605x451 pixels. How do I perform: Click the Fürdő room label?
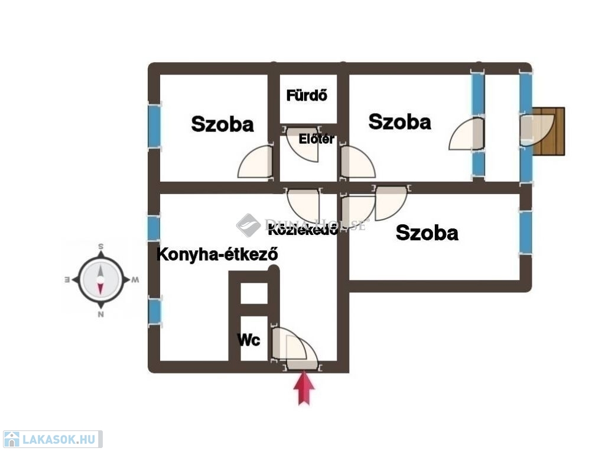click(x=307, y=95)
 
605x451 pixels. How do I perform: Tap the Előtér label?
click(x=317, y=140)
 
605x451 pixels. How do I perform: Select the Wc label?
click(x=248, y=340)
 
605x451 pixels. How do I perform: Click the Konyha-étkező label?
click(x=217, y=255)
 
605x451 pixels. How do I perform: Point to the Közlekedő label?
click(x=303, y=230)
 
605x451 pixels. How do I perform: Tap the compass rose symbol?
click(x=100, y=280)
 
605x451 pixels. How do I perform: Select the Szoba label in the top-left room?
click(x=222, y=124)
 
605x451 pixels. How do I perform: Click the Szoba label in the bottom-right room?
click(x=427, y=233)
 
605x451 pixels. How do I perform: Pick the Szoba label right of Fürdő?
click(x=399, y=122)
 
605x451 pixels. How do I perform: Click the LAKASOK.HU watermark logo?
click(x=52, y=439)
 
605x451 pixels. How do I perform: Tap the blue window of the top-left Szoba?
click(x=154, y=126)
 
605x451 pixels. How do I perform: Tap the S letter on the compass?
click(x=101, y=246)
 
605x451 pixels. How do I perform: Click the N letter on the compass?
click(x=101, y=315)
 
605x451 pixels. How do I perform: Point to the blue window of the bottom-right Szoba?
click(x=525, y=231)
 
